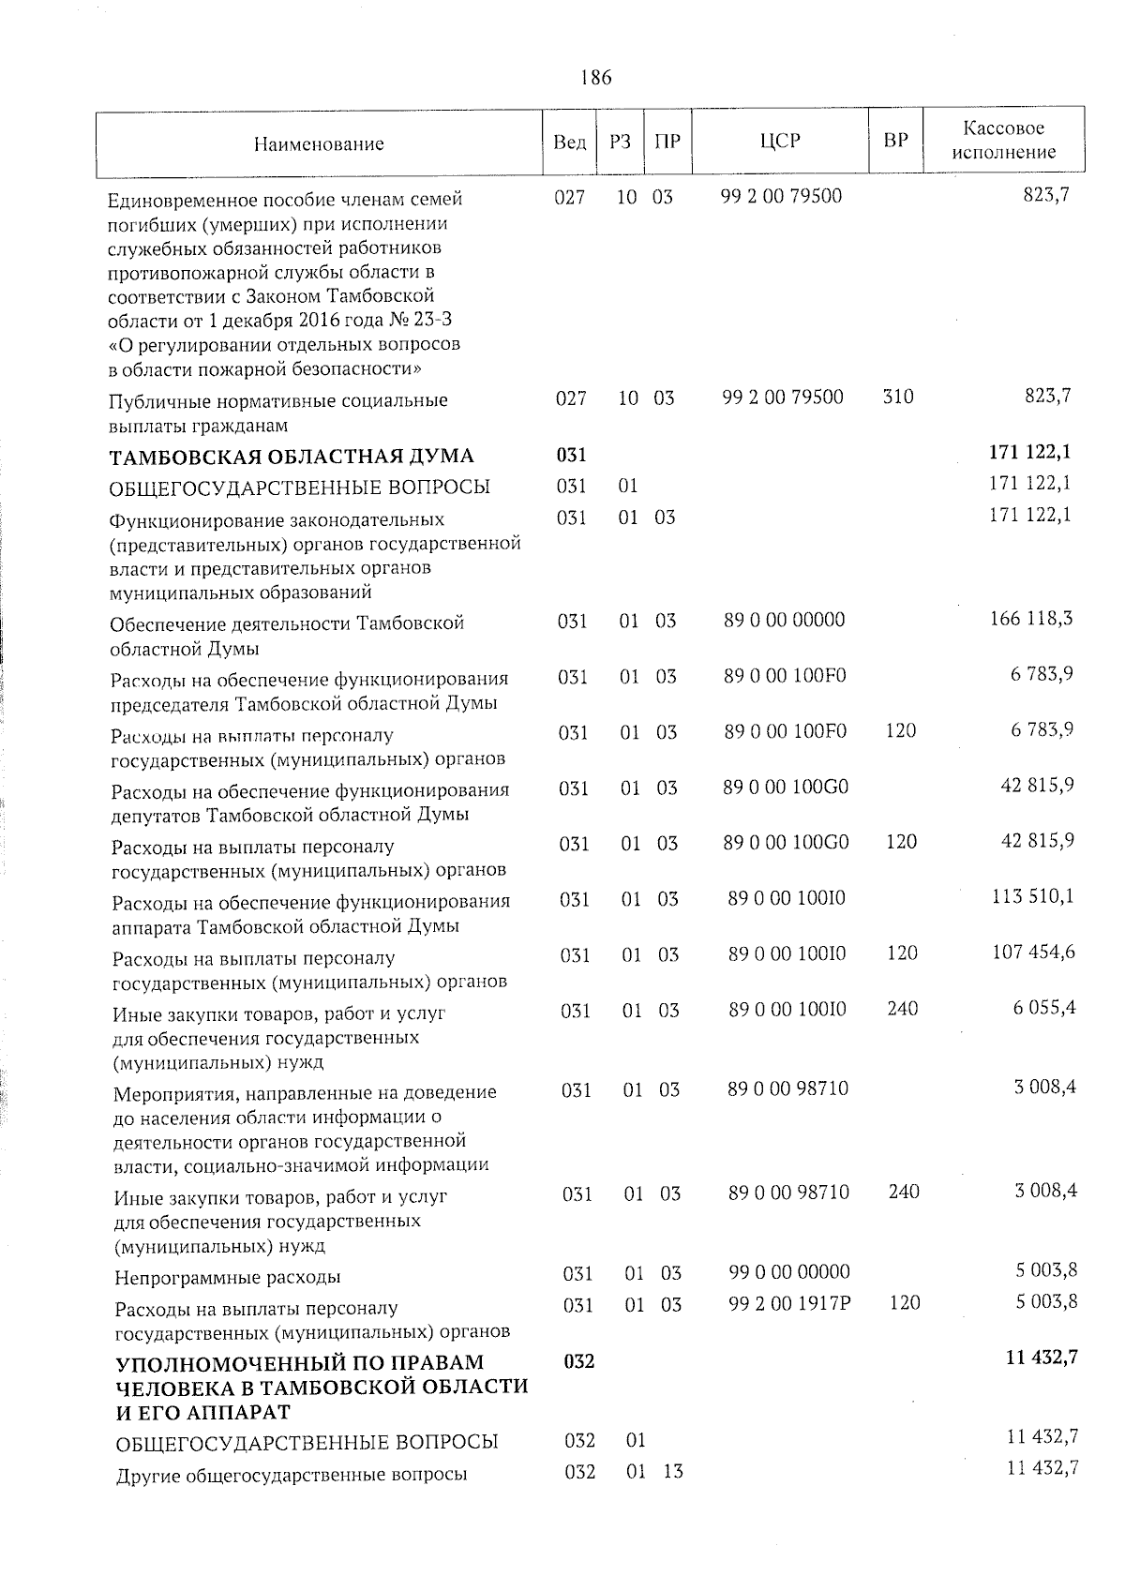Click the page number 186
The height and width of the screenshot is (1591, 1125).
click(x=595, y=78)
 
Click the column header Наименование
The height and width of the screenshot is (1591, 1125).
click(x=319, y=143)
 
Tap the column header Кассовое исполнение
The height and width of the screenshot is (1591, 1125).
click(x=1004, y=140)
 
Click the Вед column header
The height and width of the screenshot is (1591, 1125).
click(x=569, y=142)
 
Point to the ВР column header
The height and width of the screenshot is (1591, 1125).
click(x=896, y=141)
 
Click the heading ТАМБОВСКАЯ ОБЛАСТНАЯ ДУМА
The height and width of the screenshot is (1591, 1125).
click(x=292, y=457)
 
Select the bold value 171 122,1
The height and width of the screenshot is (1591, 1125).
click(x=1029, y=452)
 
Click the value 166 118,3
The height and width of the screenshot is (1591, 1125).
click(x=1031, y=619)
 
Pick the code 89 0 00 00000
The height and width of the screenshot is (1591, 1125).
click(x=785, y=620)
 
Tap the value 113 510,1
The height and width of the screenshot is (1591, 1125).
click(x=1032, y=897)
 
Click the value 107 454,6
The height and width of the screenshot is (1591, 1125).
click(x=1033, y=953)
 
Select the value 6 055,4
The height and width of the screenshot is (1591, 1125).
click(x=1043, y=1008)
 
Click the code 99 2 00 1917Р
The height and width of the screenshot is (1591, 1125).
click(x=789, y=1302)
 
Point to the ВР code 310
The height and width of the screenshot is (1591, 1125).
click(x=898, y=397)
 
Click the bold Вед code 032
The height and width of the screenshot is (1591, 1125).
click(x=579, y=1360)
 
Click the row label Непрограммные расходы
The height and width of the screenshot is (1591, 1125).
click(x=228, y=1277)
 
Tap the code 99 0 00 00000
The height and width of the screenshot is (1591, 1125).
click(x=789, y=1272)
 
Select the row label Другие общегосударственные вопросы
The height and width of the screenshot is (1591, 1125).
click(x=292, y=1476)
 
